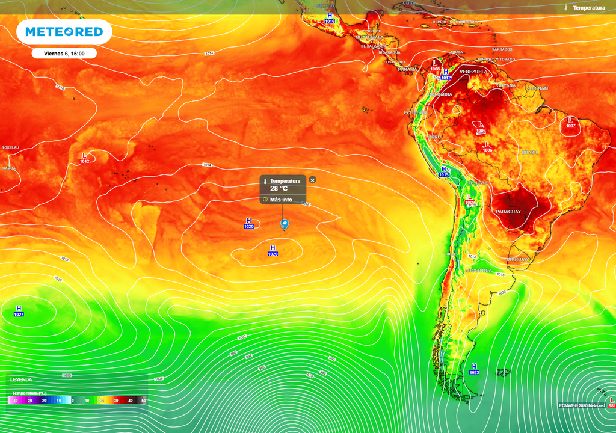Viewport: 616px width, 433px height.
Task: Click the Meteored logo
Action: coord(64,32)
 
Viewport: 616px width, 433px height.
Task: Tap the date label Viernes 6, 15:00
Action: coord(64,54)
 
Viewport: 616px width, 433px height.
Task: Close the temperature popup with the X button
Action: coord(312,180)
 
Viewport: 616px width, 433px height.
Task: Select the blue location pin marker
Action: coord(284,224)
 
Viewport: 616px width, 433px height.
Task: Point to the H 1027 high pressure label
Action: coord(19,311)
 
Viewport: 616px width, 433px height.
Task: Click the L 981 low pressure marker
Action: coord(611,402)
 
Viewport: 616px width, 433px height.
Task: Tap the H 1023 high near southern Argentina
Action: coord(474,369)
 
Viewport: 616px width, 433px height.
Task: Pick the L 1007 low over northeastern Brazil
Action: coord(570,123)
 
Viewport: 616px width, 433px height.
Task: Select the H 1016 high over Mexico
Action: coord(329,18)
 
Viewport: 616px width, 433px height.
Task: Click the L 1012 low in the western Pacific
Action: coord(85,158)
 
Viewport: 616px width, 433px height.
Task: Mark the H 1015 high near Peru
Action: coord(444,171)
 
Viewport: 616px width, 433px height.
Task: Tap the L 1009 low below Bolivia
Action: coord(470,200)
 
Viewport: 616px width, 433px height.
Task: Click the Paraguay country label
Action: coord(508,212)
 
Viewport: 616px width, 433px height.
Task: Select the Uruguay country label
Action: coord(517,259)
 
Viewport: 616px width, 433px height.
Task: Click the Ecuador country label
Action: coord(414,113)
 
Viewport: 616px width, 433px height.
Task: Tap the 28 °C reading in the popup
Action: coord(279,188)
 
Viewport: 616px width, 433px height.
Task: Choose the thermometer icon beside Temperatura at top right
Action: coord(566,7)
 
